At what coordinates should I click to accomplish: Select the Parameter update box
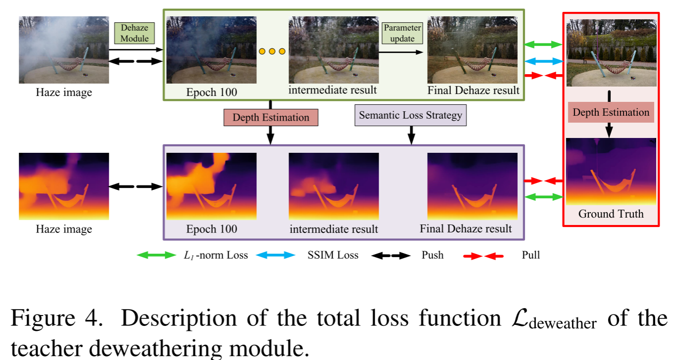point(402,33)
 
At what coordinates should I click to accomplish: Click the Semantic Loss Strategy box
point(410,115)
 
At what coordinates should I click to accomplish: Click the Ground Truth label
point(611,214)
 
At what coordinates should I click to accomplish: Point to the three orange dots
point(272,51)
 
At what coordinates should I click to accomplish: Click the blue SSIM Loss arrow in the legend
point(275,256)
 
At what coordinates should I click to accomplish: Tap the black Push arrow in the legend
point(391,256)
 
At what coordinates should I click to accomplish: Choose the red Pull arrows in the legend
point(483,256)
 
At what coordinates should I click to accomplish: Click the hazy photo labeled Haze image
point(64,50)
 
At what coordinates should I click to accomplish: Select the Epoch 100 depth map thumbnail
point(211,186)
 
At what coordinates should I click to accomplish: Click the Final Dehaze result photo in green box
point(473,50)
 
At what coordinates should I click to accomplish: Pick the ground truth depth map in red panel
point(611,172)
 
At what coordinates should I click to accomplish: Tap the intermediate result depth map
point(334,186)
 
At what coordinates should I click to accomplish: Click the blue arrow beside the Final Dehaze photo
point(543,61)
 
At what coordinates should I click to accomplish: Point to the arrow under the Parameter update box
point(402,52)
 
